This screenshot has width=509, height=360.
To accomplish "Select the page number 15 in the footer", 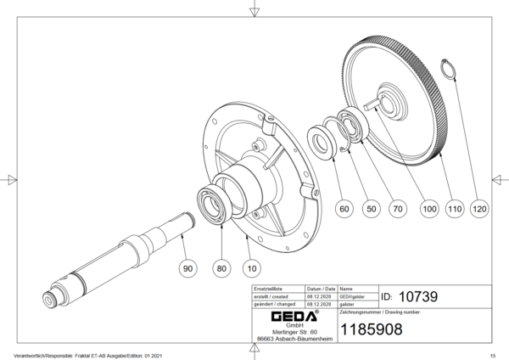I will pos(492,354).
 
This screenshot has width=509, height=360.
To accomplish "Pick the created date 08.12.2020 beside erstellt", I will pos(320,296).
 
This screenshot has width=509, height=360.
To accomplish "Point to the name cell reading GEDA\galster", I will pos(352,296).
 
